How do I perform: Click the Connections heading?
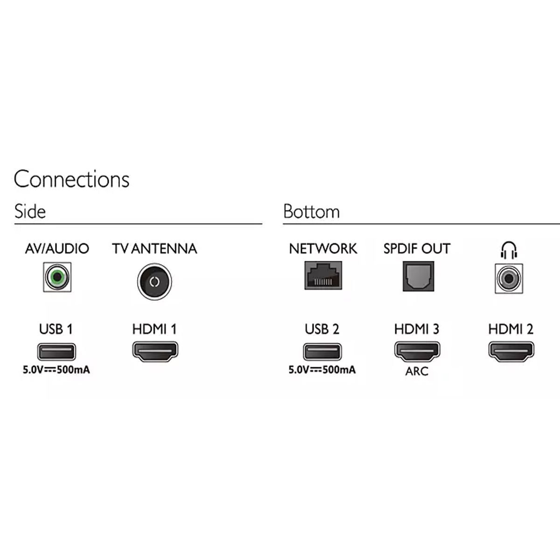click(71, 179)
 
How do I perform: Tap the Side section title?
click(30, 211)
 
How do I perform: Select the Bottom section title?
click(311, 211)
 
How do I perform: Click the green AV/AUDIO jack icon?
click(57, 278)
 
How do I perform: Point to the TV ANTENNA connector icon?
click(154, 281)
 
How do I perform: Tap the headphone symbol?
click(509, 250)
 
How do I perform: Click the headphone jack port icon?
click(509, 279)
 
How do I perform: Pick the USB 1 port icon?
click(56, 351)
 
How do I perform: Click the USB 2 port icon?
click(322, 351)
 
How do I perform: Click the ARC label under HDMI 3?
click(417, 372)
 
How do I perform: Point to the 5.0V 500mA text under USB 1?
click(56, 371)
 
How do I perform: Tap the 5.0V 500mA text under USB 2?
click(322, 370)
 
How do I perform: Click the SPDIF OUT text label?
click(417, 249)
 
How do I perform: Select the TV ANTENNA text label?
click(154, 249)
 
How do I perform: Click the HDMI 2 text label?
click(511, 329)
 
